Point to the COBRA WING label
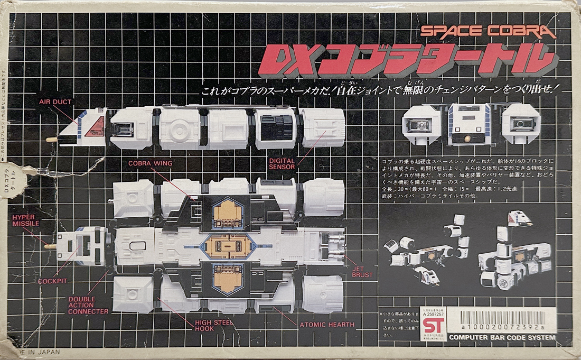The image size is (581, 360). point(149,163)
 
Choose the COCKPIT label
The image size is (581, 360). point(52,281)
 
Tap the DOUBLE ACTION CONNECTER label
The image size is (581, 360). point(88,305)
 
